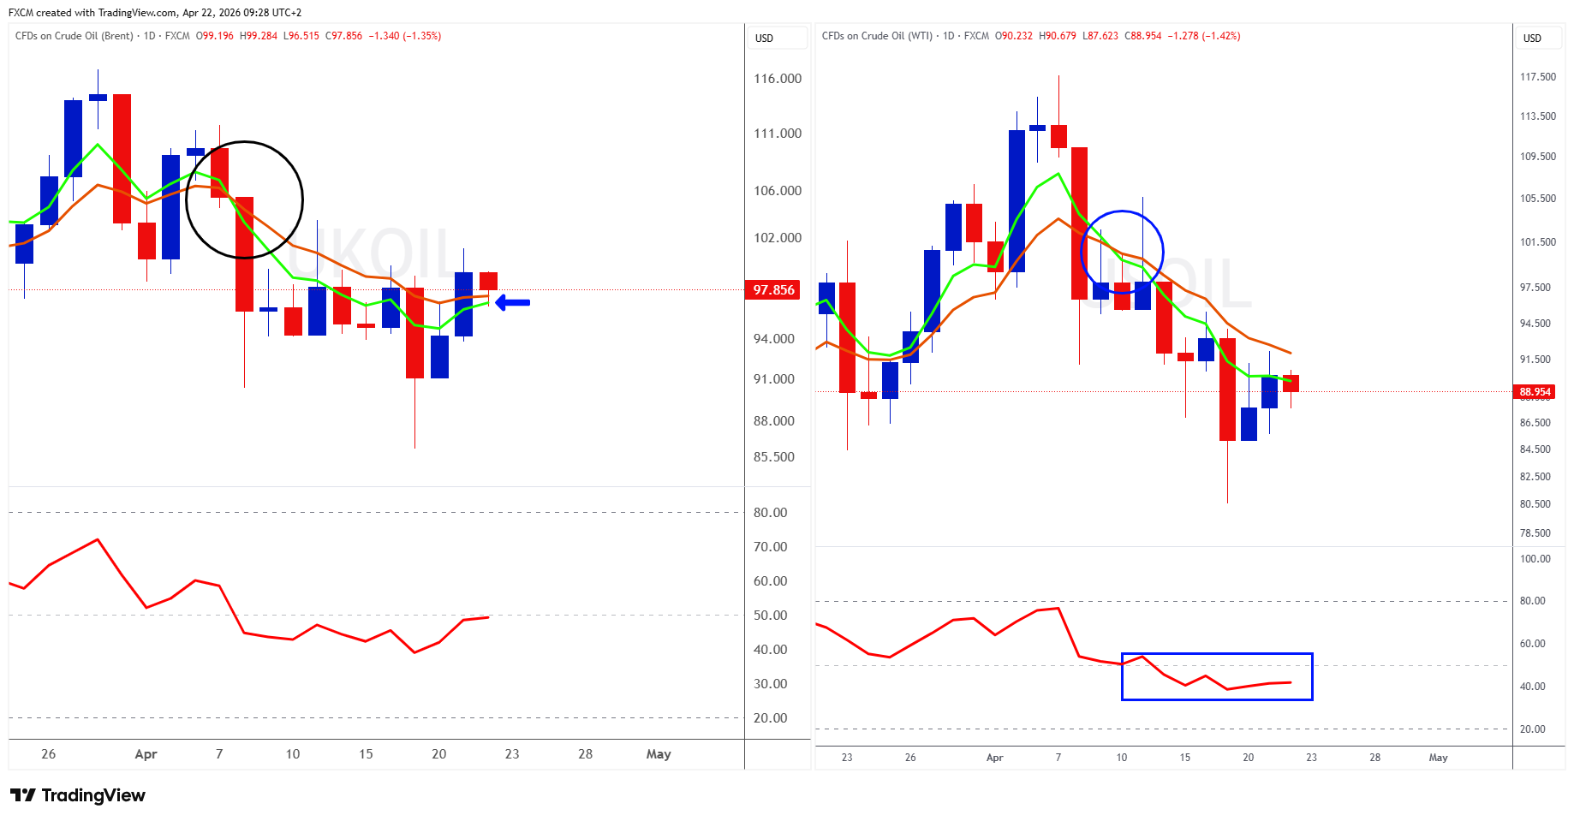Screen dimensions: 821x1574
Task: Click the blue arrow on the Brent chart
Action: click(513, 302)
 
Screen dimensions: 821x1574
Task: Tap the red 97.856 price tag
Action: click(773, 289)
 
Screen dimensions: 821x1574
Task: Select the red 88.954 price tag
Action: click(1535, 392)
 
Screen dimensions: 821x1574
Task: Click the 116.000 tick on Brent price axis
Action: click(778, 79)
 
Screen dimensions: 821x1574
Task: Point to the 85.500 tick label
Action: click(774, 457)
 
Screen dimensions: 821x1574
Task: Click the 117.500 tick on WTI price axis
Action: click(1537, 77)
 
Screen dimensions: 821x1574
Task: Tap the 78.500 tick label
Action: click(1535, 533)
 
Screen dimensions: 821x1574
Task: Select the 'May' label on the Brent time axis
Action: click(659, 754)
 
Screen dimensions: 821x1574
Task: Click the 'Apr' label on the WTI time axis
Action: click(994, 758)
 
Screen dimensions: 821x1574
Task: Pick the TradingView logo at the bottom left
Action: click(78, 795)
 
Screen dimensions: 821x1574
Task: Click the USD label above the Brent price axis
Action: click(764, 39)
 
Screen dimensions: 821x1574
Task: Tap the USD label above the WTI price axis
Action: click(1532, 39)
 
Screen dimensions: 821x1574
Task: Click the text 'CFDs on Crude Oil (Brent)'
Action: click(75, 36)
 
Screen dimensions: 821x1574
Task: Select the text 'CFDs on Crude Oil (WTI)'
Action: click(877, 36)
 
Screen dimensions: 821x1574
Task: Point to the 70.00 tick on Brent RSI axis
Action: click(770, 547)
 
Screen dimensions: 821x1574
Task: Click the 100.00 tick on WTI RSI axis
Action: click(1535, 559)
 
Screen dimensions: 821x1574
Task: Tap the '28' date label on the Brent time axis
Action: click(585, 754)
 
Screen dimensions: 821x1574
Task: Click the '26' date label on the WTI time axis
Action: click(910, 758)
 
